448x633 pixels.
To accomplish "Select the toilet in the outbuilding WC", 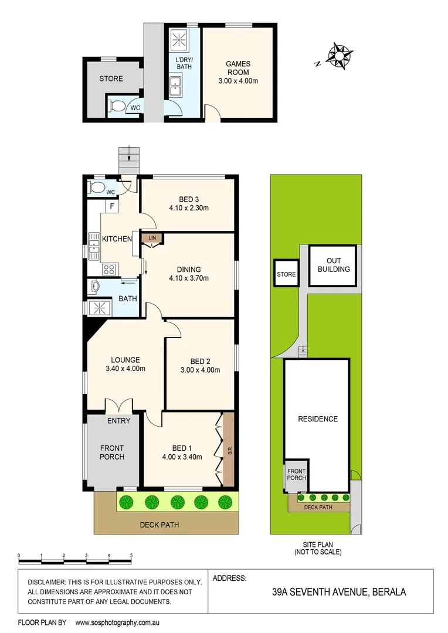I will click(x=116, y=107).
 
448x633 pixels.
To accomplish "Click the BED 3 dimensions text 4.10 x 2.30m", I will click(x=189, y=207).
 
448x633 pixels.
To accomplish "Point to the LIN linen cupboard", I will click(x=152, y=237).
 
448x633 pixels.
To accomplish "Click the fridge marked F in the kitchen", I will click(x=110, y=206).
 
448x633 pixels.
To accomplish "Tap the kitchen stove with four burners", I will click(x=109, y=270).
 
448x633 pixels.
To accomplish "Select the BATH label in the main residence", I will click(x=128, y=298).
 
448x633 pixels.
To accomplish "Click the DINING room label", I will click(x=189, y=268).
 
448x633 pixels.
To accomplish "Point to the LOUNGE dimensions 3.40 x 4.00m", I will click(x=125, y=369).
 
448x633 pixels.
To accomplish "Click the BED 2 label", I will click(x=200, y=361).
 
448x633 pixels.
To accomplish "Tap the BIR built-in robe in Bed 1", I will click(x=229, y=451).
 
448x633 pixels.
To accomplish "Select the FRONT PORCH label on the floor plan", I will click(x=111, y=452).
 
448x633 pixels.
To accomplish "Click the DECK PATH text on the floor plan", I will click(x=160, y=525).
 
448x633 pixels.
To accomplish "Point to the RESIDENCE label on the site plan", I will click(x=318, y=418).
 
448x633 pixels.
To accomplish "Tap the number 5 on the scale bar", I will click(x=131, y=554).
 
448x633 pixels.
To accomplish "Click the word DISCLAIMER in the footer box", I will click(x=49, y=582).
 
